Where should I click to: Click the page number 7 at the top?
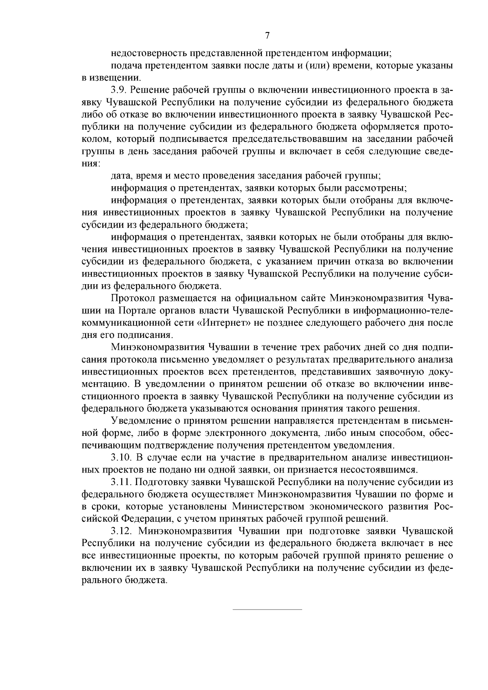[267, 36]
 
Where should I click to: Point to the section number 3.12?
[122, 531]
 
